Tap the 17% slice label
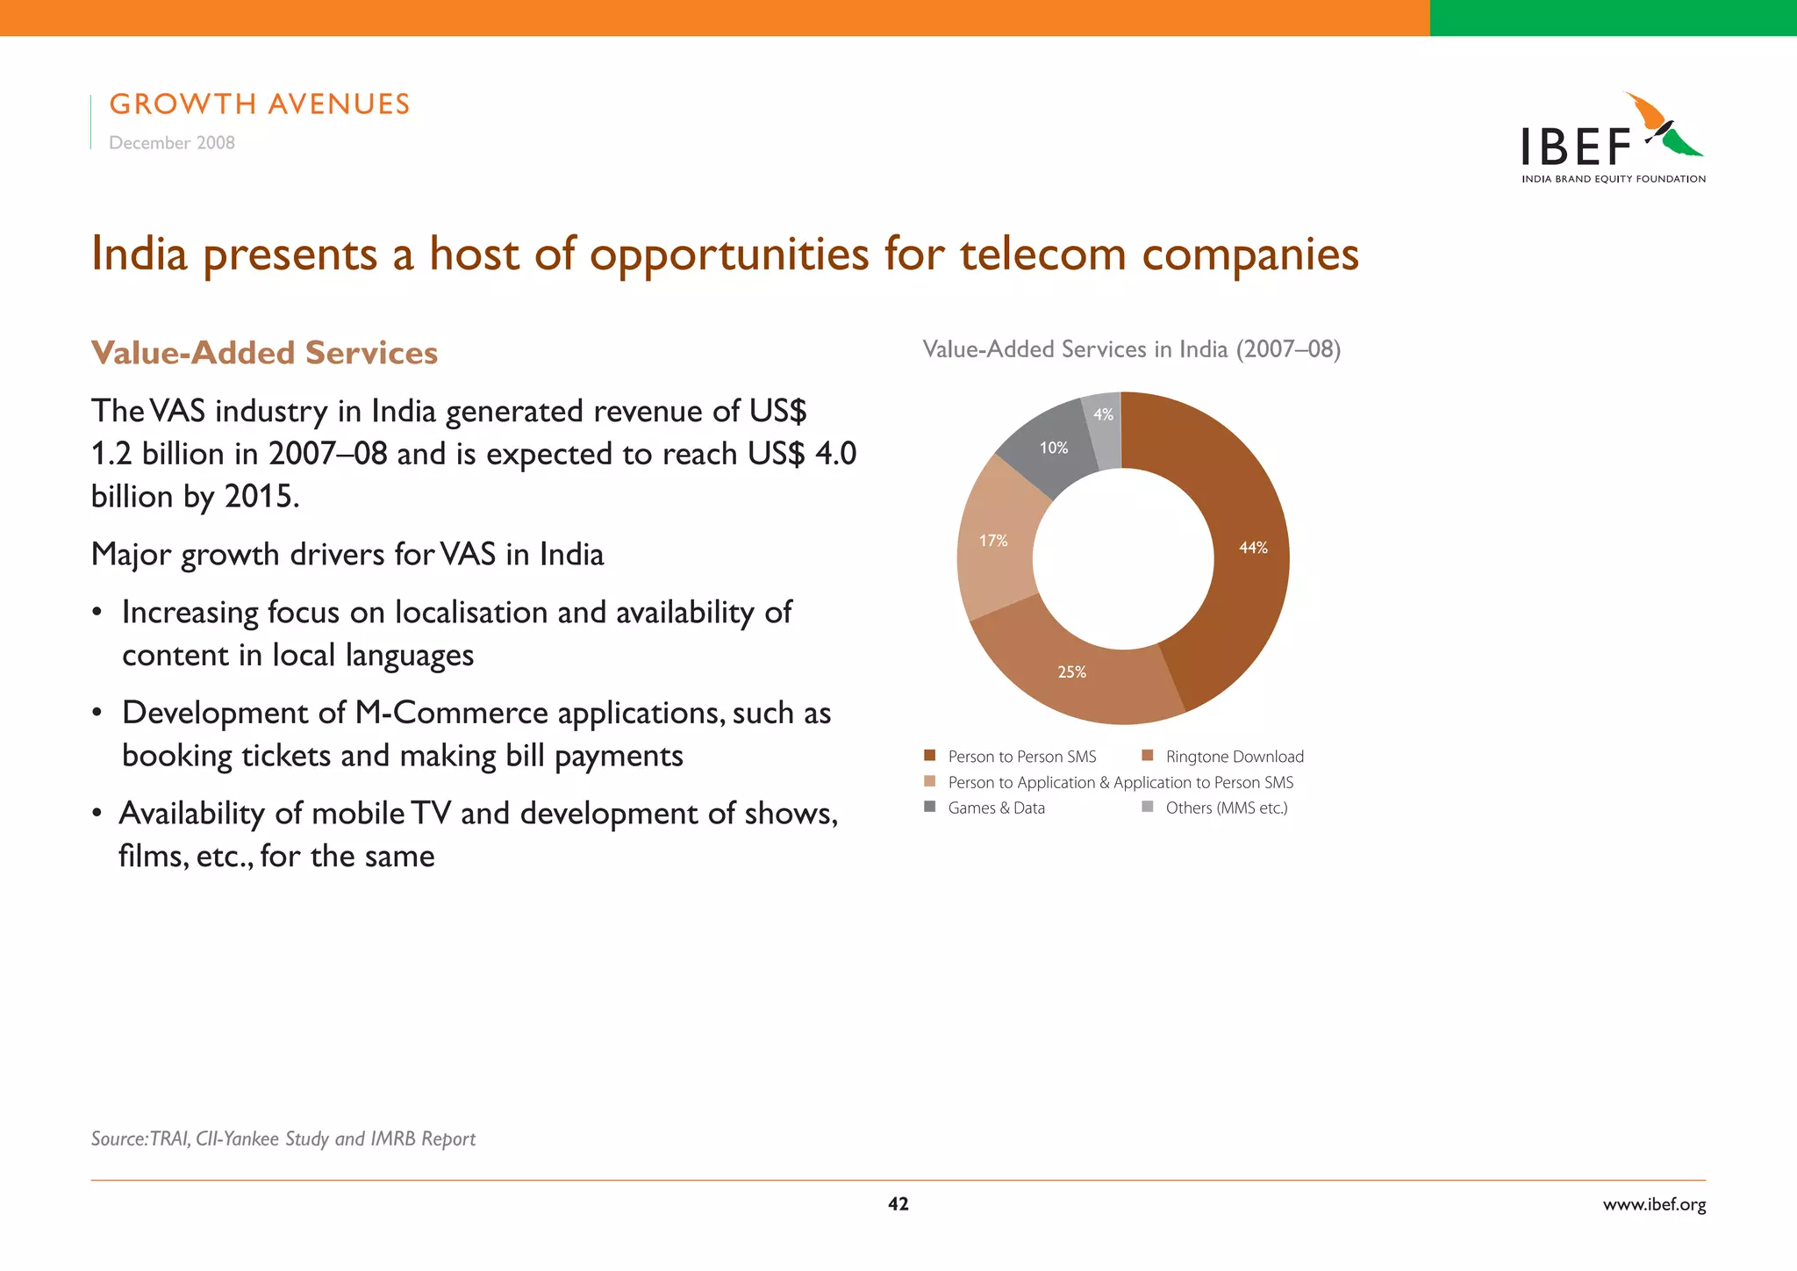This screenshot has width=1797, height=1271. pos(993,541)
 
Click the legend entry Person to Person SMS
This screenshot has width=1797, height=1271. pos(1021,757)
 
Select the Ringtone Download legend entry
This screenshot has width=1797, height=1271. pos(1234,757)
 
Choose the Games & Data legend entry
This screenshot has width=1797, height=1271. pos(996,808)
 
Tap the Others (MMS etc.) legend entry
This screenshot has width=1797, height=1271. pos(1226,808)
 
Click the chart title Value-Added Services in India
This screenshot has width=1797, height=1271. pos(1131,349)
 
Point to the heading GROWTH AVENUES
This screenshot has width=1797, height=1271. pos(260,104)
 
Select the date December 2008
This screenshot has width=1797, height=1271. pos(172,143)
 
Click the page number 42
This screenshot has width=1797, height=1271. pos(898,1204)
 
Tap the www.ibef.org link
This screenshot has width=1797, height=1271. pos(1654,1204)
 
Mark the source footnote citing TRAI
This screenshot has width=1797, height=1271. pos(283,1138)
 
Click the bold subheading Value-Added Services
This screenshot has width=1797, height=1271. pos(264,353)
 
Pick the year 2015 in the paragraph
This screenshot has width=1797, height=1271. pos(260,497)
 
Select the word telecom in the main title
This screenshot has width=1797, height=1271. pos(1042,255)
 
